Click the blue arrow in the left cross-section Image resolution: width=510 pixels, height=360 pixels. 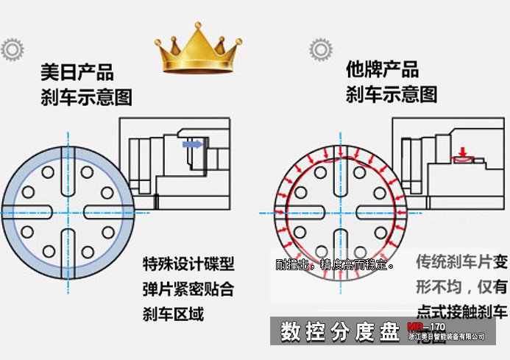click(193, 147)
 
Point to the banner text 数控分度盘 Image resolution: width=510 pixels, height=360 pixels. click(339, 332)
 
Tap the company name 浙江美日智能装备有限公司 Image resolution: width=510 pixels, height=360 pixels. click(447, 337)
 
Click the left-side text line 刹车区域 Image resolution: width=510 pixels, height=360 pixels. click(172, 314)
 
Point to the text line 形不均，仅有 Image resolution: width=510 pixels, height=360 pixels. click(461, 286)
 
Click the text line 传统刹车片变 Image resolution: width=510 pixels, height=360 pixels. click(461, 262)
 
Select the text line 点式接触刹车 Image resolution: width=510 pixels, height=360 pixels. click(461, 310)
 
